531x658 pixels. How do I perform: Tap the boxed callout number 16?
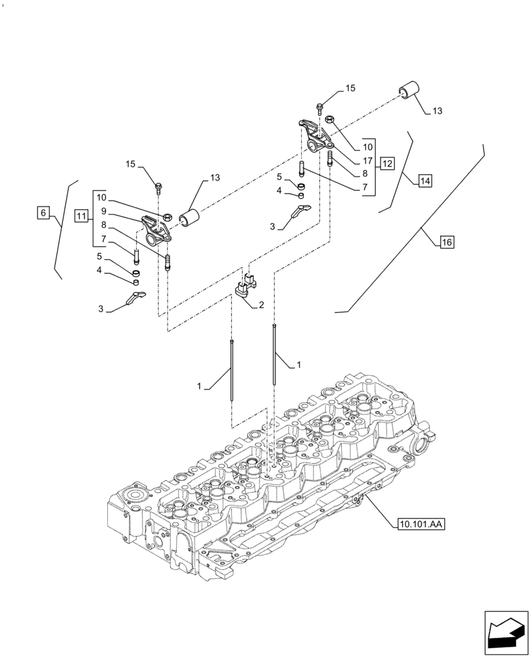tap(446, 243)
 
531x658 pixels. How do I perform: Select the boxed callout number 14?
tap(425, 180)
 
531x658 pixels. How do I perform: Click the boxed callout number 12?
tap(387, 163)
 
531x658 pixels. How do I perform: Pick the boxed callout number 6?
tap(43, 213)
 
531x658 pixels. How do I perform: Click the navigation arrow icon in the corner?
tap(506, 634)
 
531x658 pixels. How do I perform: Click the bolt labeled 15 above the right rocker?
tap(320, 107)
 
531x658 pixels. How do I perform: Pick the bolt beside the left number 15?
tap(158, 188)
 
